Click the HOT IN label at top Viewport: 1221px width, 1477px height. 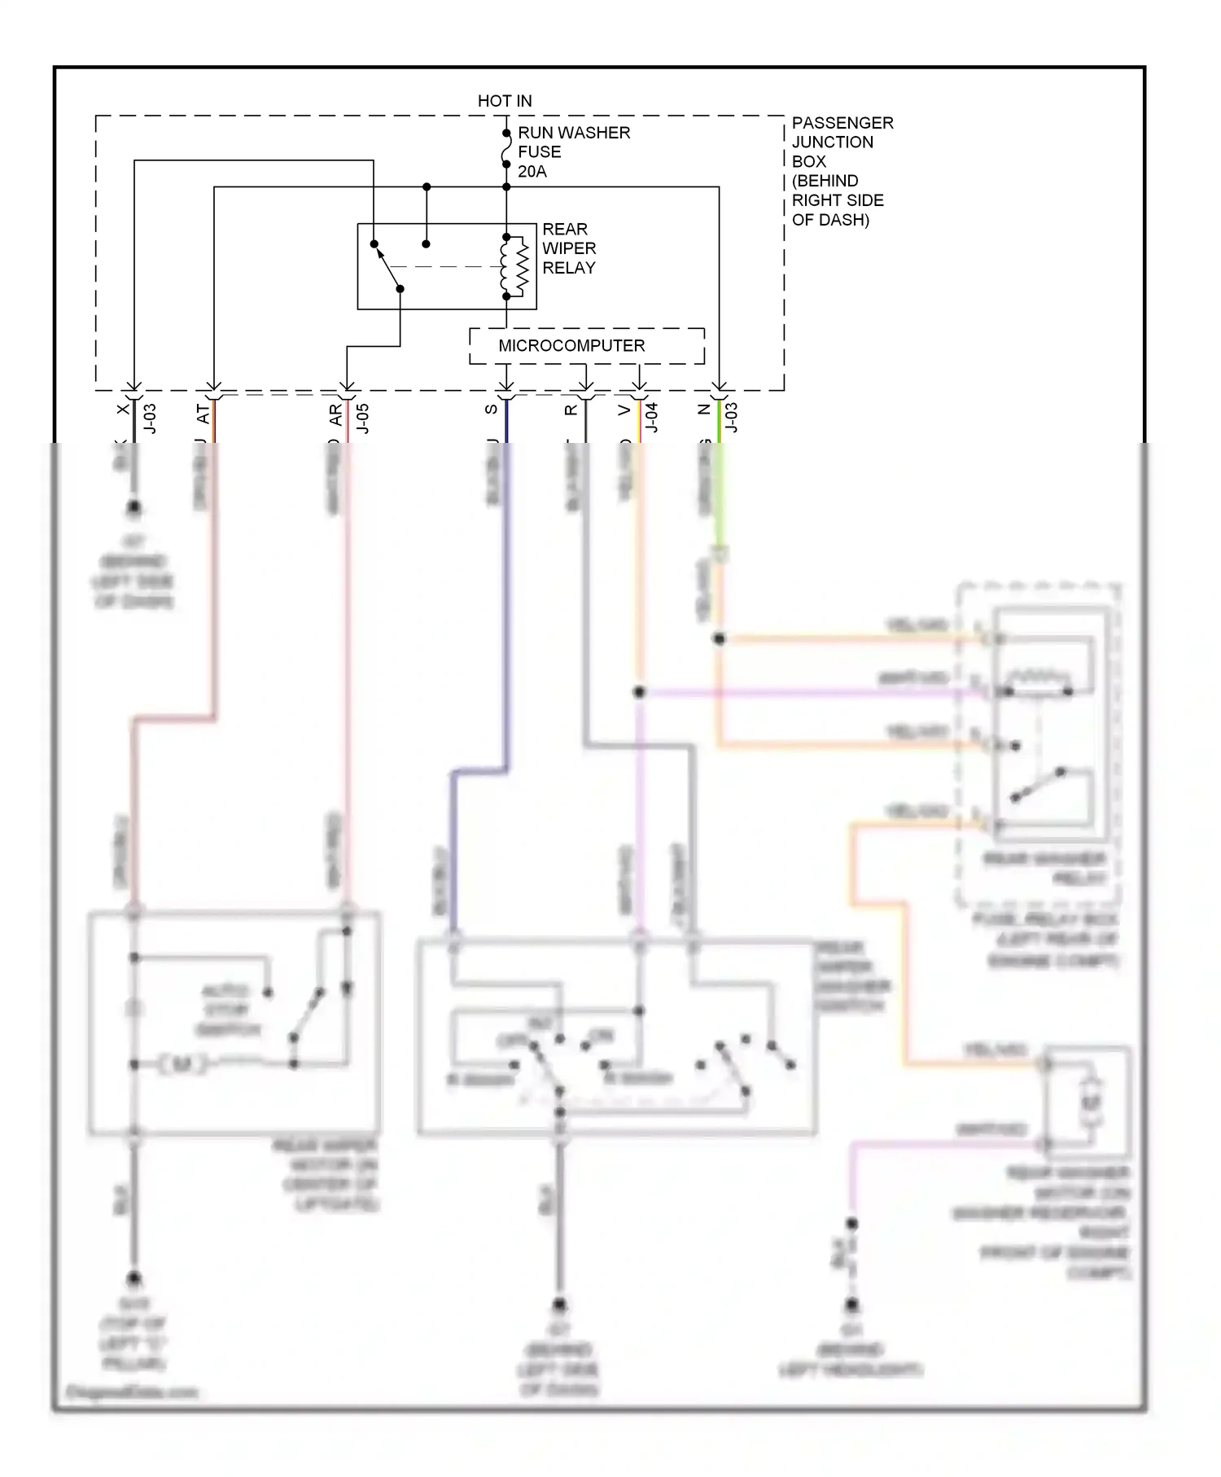pos(505,101)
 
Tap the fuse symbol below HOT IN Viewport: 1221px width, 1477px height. pos(506,149)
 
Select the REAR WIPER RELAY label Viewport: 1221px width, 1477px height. pos(569,248)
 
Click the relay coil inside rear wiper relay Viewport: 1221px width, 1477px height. pos(514,266)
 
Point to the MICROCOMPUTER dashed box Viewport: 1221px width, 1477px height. pos(587,346)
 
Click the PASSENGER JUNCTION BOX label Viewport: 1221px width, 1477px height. pos(842,170)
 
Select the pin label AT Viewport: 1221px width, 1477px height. pos(203,414)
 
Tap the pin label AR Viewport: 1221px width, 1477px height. pos(335,415)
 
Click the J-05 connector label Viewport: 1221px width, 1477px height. pos(363,419)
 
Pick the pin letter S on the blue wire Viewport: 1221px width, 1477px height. pos(491,410)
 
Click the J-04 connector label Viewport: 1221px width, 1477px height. pos(652,417)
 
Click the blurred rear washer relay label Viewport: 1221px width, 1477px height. pos(1044,869)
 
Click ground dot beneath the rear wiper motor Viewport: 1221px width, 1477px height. pos(134,1278)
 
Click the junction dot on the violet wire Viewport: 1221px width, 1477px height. pos(639,692)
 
